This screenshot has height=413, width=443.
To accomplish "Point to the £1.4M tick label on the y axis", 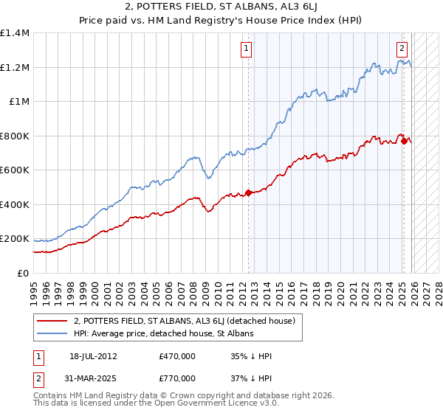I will pos(15,33).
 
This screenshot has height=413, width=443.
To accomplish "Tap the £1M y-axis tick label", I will pos(18,102).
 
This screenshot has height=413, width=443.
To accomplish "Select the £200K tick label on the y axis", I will pos(15,239).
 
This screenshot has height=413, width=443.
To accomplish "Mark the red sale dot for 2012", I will pos(248,192).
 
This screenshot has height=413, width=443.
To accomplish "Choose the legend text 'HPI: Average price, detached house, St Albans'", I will pos(163,334).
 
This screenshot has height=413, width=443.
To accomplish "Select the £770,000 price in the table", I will pos(177,378).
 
